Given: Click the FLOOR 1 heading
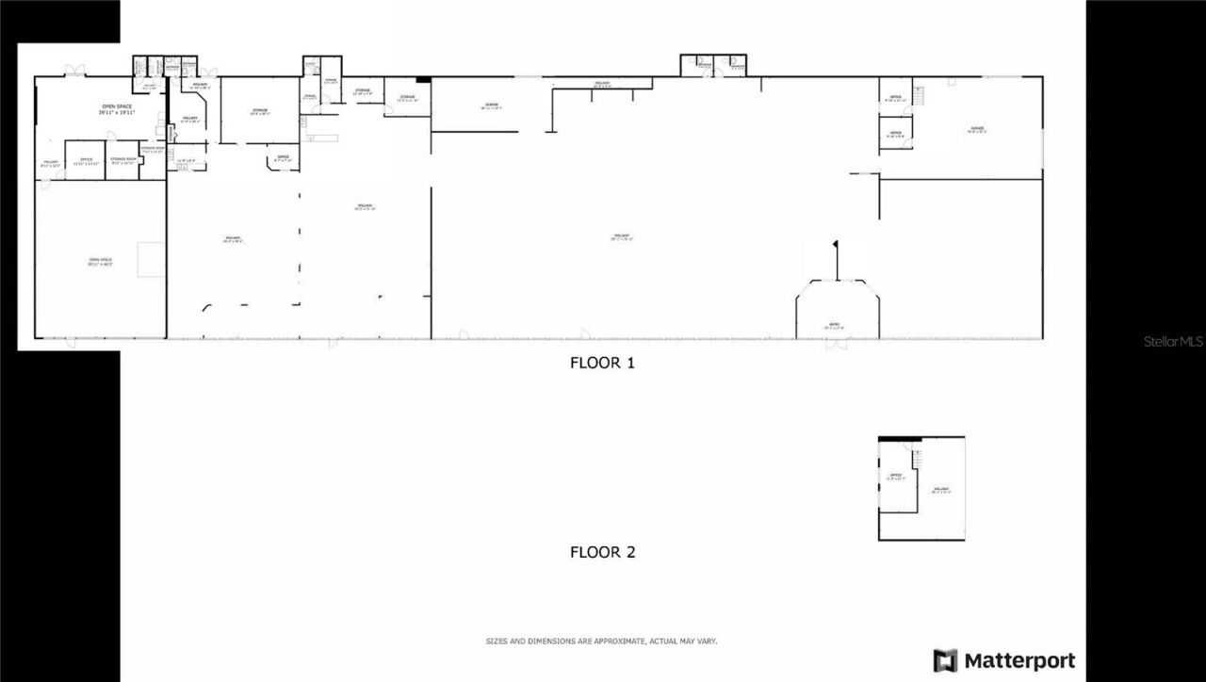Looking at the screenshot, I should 602,362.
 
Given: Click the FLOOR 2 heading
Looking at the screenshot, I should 602,552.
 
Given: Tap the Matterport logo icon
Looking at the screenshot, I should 945,660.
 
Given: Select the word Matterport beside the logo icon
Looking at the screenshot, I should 1019,660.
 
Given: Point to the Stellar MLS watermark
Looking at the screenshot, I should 1173,341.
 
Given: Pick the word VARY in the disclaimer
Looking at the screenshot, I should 708,641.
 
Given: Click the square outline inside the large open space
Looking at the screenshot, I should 151,260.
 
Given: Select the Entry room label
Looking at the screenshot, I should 835,325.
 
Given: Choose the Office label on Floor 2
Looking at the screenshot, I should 896,477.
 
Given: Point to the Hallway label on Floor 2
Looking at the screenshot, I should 940,490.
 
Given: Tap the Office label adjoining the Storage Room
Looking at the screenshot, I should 86,161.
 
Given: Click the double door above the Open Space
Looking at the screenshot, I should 73,71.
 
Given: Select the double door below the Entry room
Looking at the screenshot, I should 836,345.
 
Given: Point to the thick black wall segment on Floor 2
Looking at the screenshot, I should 900,438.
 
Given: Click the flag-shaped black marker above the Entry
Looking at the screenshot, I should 835,247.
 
